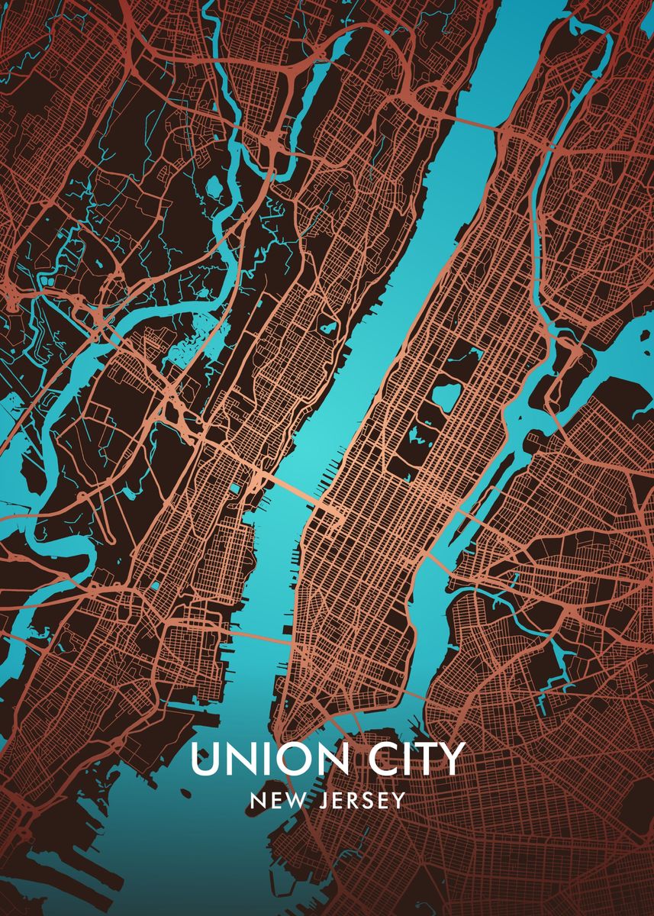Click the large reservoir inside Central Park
[x=445, y=395]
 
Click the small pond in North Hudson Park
[x=329, y=327]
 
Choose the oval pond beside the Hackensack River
[x=213, y=185]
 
